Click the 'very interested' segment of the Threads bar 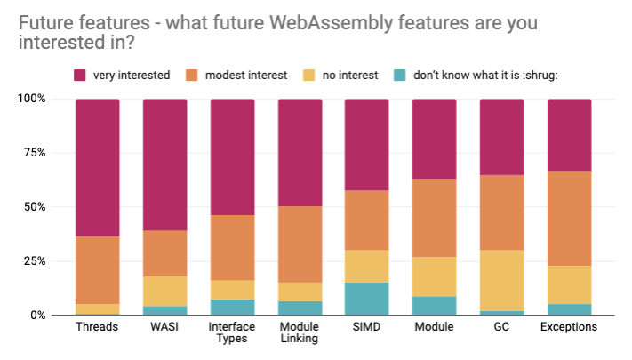tap(97, 167)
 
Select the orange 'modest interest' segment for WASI tap(164, 253)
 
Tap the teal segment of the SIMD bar tap(367, 299)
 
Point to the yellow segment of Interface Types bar tap(232, 290)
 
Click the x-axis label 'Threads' tap(97, 328)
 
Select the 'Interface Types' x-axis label tap(232, 334)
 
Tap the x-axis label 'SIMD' tap(367, 328)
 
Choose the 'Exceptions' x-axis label tap(569, 328)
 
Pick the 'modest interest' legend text tap(244, 76)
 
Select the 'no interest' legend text tap(351, 76)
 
